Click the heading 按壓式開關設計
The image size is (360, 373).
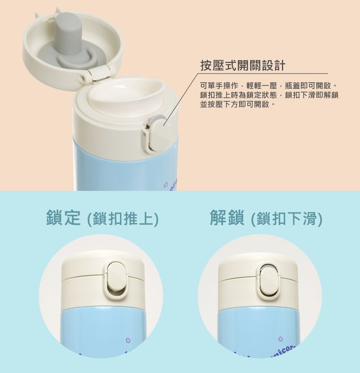pyautogui.click(x=242, y=65)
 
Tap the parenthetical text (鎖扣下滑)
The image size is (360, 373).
pyautogui.click(x=286, y=218)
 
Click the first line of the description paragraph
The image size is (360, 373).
pyautogui.click(x=268, y=86)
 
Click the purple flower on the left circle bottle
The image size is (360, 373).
pyautogui.click(x=127, y=342)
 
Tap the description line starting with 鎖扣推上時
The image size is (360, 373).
pyautogui.click(x=269, y=95)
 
